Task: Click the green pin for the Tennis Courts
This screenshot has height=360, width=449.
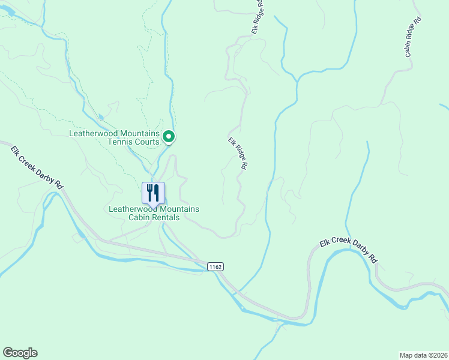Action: [169, 137]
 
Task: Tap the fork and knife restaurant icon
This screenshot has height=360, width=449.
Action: [153, 193]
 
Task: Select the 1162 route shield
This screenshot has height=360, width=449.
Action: [216, 266]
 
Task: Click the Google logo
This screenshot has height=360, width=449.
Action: [20, 353]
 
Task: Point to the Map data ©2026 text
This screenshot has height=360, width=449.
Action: [423, 355]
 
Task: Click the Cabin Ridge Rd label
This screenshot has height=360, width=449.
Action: [413, 37]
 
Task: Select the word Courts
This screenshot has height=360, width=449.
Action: [148, 142]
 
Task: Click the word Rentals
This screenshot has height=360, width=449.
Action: [163, 217]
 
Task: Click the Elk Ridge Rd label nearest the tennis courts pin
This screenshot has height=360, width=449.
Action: [238, 155]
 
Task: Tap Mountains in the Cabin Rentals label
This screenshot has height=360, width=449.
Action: [179, 209]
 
